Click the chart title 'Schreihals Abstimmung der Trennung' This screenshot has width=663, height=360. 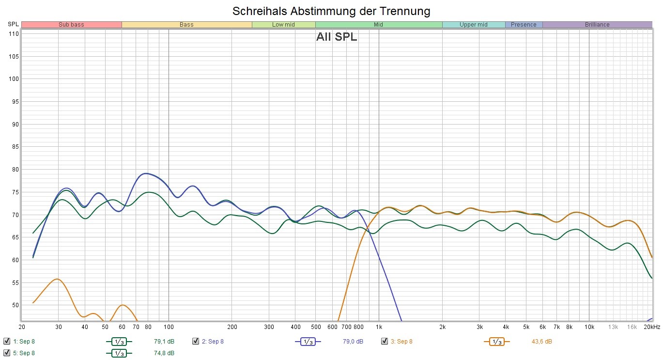pos(331,11)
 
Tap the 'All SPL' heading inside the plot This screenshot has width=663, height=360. pos(337,37)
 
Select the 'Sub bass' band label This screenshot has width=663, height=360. pos(71,25)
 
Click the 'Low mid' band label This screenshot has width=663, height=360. pos(283,25)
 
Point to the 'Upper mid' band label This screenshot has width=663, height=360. pos(474,25)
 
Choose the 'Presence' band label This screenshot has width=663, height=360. pos(524,25)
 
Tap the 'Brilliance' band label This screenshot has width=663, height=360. pos(597,25)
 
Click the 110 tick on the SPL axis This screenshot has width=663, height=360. pos(14,34)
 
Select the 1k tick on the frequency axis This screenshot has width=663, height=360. pos(379,327)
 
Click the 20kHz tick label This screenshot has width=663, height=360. pos(652,327)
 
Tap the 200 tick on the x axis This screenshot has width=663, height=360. pos(232,327)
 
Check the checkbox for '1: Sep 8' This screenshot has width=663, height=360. pos(7,341)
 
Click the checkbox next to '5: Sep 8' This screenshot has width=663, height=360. pos(7,353)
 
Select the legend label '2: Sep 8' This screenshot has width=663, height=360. pos(213,342)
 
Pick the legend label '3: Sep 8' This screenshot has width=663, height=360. pos(401,342)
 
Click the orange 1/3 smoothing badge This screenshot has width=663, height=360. pos(497,342)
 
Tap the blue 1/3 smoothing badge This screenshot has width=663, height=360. pos(308,342)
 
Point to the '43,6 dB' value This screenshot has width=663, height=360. pos(541,342)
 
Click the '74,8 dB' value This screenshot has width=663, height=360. pos(164,353)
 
